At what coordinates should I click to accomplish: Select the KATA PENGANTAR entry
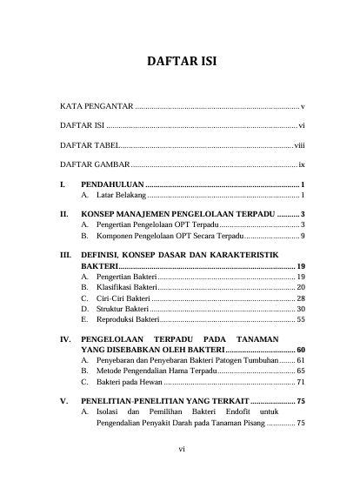[96, 105]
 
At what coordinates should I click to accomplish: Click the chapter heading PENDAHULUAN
[112, 185]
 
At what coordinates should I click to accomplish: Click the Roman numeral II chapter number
[63, 213]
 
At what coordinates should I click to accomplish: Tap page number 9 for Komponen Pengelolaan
[302, 236]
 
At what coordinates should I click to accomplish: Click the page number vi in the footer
[180, 450]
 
